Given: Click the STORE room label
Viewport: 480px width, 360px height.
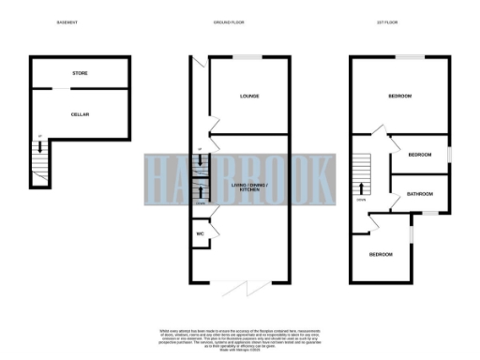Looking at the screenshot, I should (80, 72).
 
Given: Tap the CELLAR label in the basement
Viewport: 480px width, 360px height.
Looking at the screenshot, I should (80, 113).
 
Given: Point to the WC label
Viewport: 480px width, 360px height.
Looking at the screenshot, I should (201, 233).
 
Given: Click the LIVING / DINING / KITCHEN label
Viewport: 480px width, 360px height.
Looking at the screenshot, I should (248, 190).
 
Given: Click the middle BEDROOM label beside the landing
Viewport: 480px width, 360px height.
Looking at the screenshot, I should (419, 155).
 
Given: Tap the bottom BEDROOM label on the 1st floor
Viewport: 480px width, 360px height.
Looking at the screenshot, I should (381, 254).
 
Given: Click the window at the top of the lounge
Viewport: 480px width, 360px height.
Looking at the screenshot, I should (247, 57).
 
